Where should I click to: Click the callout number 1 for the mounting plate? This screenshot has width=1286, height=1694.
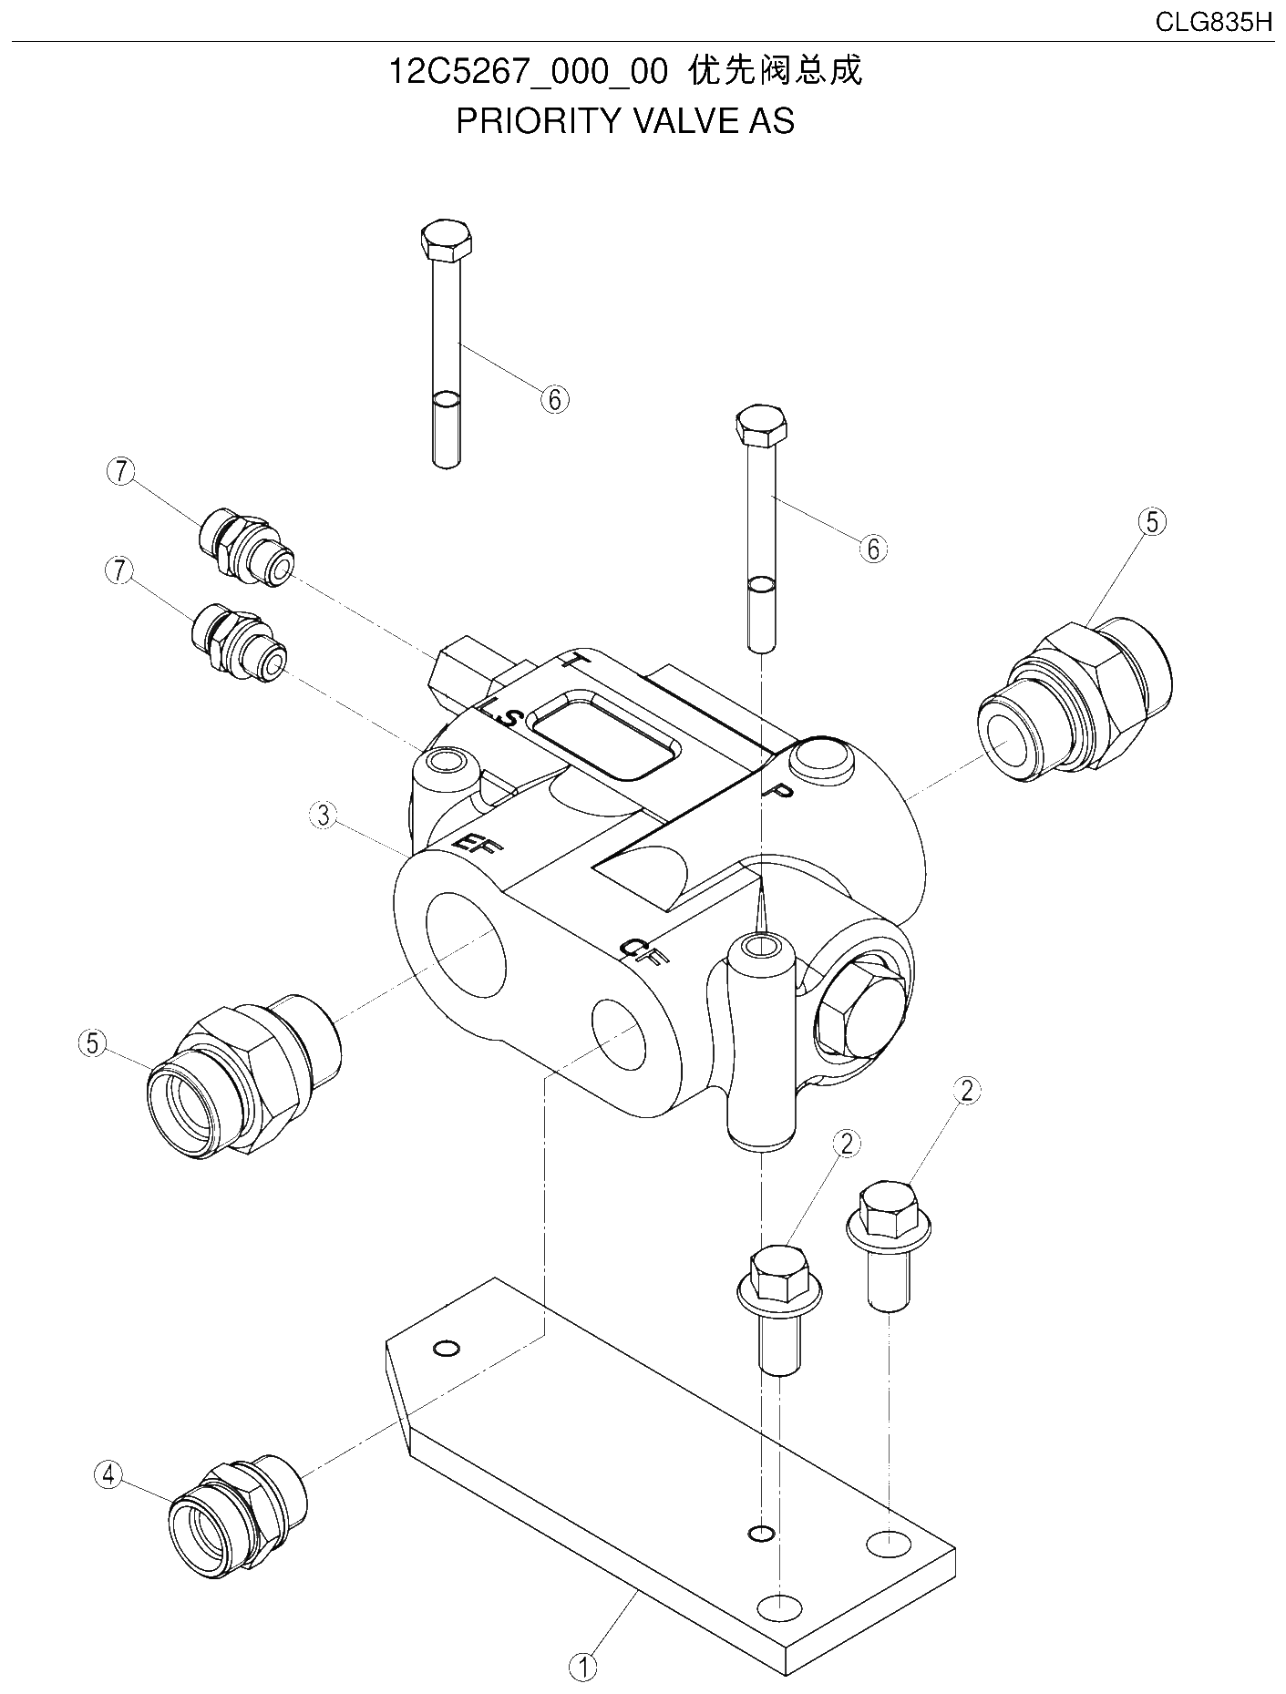tap(582, 1667)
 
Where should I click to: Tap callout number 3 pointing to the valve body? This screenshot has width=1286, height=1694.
tap(324, 815)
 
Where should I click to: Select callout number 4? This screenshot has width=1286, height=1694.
tap(108, 1473)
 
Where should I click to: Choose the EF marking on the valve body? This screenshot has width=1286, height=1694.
tap(477, 843)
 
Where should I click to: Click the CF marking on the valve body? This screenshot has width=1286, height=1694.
tap(644, 950)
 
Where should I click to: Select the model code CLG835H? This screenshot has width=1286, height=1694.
tap(1213, 23)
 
